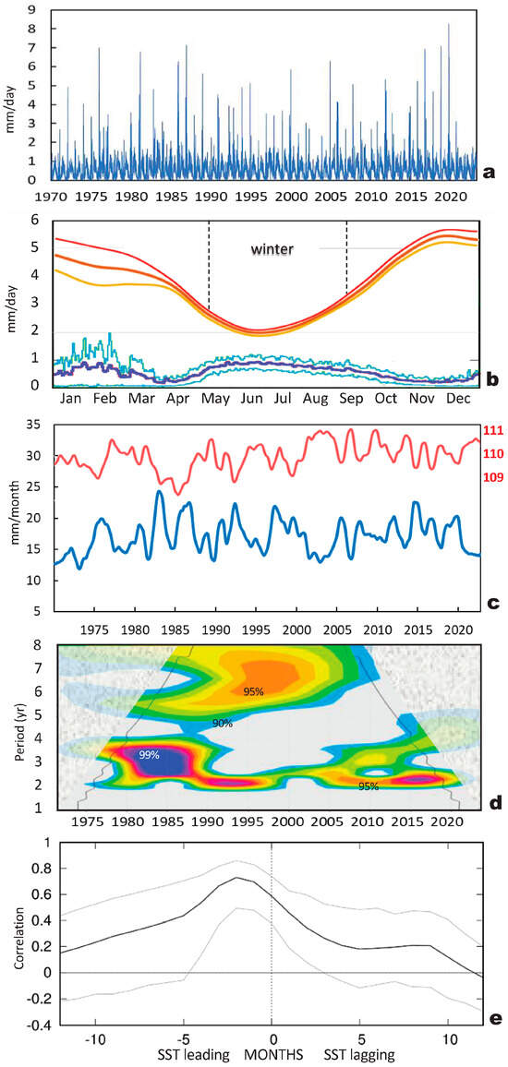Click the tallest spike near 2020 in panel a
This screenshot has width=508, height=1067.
click(x=449, y=25)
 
